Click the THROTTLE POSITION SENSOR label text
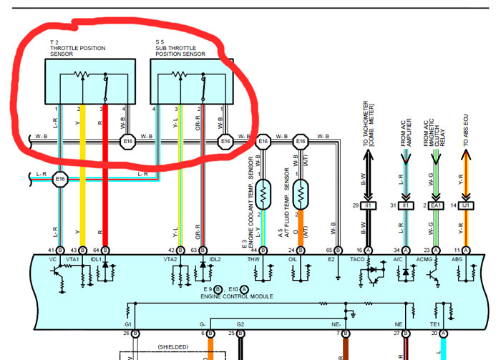(x=77, y=48)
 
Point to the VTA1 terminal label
(x=72, y=261)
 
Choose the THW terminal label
(x=253, y=261)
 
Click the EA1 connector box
(x=436, y=205)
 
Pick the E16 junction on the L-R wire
(x=60, y=179)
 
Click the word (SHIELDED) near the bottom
(x=175, y=347)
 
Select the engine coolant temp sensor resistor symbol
(x=263, y=192)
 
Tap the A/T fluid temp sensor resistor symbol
(x=301, y=192)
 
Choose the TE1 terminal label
(x=435, y=325)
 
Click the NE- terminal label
(x=337, y=325)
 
